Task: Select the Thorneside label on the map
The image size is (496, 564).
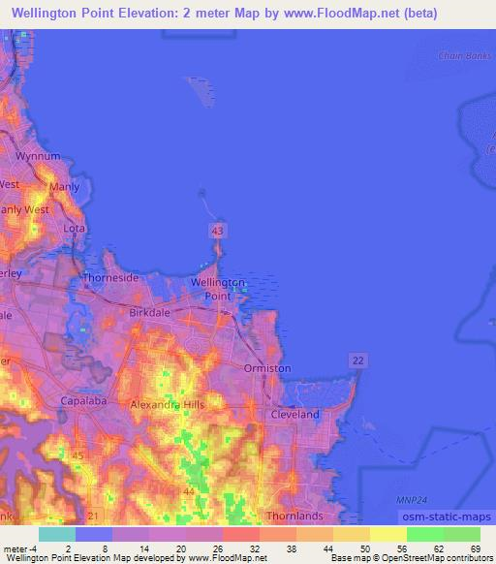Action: [x=110, y=277]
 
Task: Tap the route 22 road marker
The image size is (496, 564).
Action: [x=358, y=360]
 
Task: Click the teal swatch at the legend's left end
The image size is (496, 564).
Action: [x=57, y=534]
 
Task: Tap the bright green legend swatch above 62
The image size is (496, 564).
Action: [x=425, y=534]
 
